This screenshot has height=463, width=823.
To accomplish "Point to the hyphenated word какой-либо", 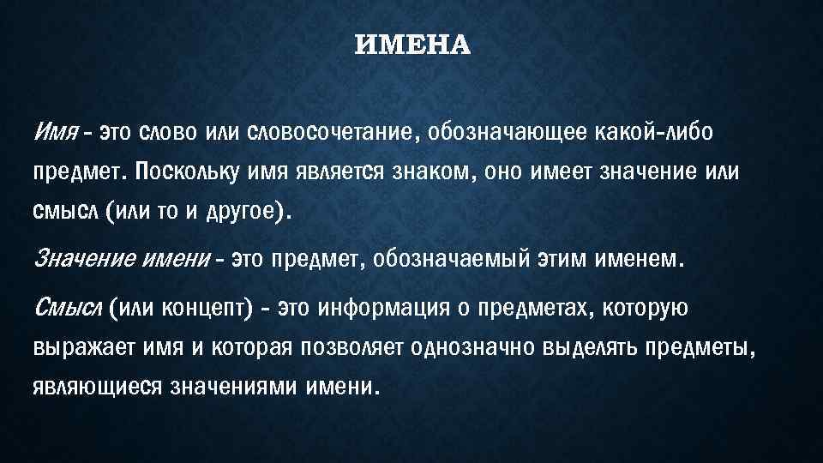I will point(651,135).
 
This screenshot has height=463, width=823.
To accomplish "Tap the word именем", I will point(639,258).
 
